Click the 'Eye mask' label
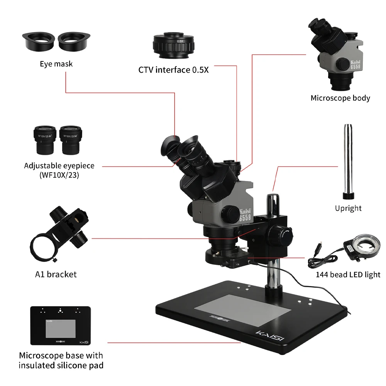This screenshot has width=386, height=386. [56, 64]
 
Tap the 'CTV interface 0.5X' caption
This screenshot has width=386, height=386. [173, 70]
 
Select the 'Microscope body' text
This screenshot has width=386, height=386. [340, 98]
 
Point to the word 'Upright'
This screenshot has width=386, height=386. [348, 208]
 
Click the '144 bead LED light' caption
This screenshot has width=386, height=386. [348, 275]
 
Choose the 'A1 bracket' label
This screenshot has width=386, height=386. [56, 274]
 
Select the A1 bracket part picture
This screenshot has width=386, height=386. [60, 235]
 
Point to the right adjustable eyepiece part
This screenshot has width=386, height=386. [73, 139]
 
